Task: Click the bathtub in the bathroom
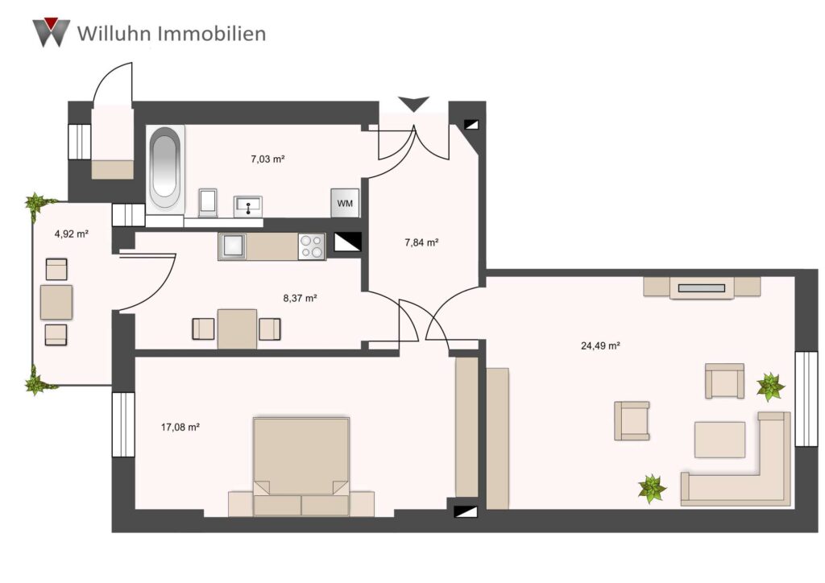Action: pyautogui.click(x=164, y=168)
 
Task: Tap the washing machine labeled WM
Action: pyautogui.click(x=345, y=203)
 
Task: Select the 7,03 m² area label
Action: pyautogui.click(x=267, y=159)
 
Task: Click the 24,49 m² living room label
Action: pyautogui.click(x=600, y=346)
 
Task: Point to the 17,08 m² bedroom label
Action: pyautogui.click(x=180, y=428)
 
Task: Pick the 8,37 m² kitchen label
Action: pyautogui.click(x=300, y=298)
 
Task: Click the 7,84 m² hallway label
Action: pyautogui.click(x=421, y=242)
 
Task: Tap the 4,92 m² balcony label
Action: pyautogui.click(x=71, y=234)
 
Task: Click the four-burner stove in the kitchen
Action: pyautogui.click(x=312, y=246)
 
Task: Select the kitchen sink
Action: pyautogui.click(x=233, y=246)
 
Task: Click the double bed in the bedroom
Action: pyautogui.click(x=301, y=466)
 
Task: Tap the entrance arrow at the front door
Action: pyautogui.click(x=414, y=104)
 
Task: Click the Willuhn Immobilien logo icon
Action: pyautogui.click(x=51, y=32)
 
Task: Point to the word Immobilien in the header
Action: pyautogui.click(x=212, y=34)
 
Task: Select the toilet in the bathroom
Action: pyautogui.click(x=209, y=202)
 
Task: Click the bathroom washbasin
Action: pyautogui.click(x=248, y=205)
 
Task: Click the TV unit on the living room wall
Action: pyautogui.click(x=702, y=287)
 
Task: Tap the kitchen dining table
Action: pyautogui.click(x=238, y=329)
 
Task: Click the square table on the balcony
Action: pyautogui.click(x=56, y=302)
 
